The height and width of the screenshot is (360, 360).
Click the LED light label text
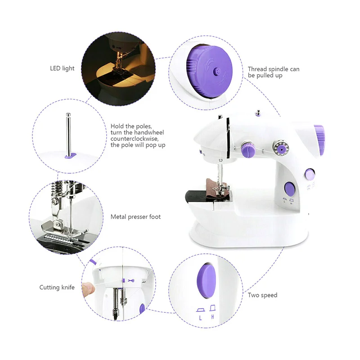click(62, 68)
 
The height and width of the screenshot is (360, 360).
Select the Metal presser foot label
click(135, 217)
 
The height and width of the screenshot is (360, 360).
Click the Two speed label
click(262, 295)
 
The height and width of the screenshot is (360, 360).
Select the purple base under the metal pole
click(70, 156)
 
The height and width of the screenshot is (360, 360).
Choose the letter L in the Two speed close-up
click(201, 317)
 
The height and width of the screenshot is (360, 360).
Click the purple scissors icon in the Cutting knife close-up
click(131, 281)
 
